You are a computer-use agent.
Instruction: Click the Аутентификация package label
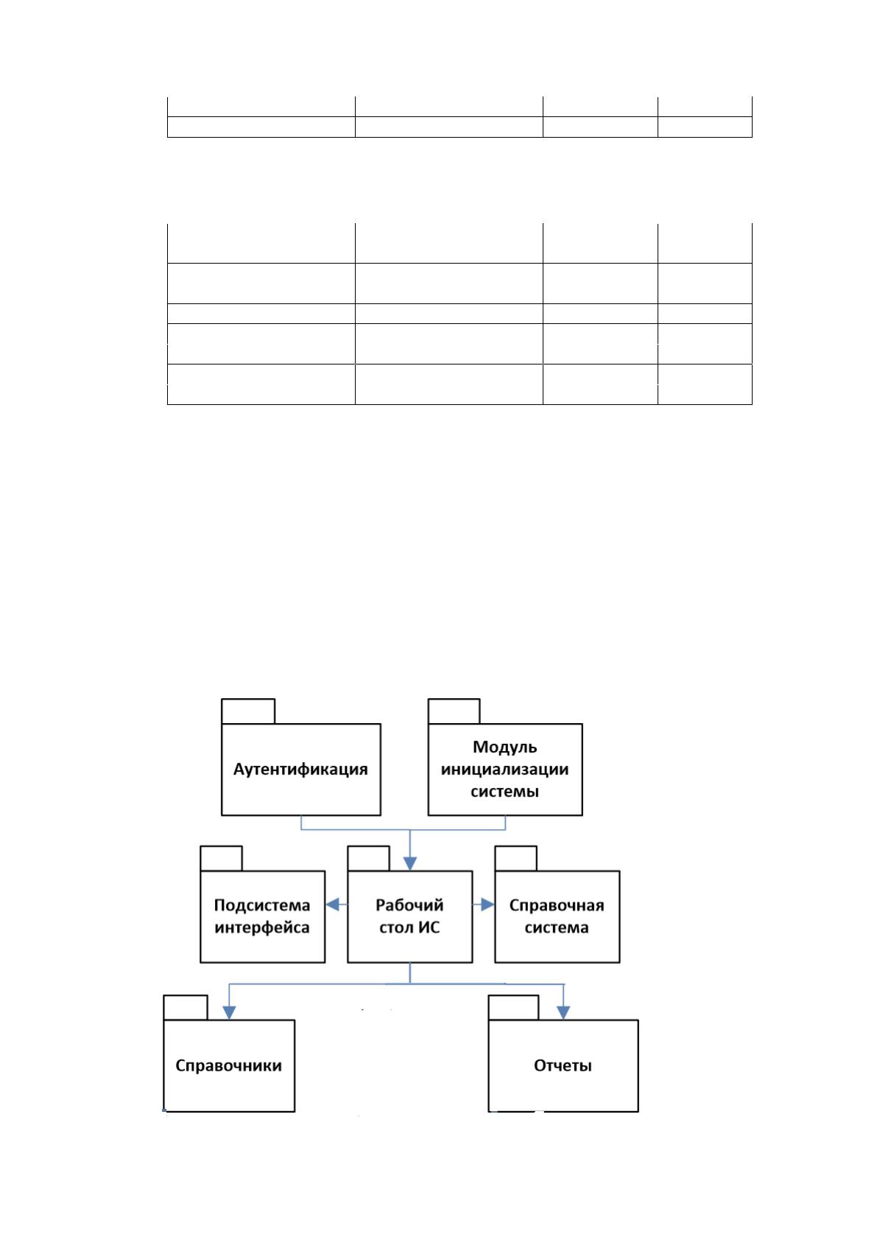pyautogui.click(x=300, y=770)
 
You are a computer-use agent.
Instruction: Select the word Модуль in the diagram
pyautogui.click(x=504, y=747)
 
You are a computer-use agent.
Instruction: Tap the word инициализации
pyautogui.click(x=504, y=769)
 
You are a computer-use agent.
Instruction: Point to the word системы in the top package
pyautogui.click(x=504, y=792)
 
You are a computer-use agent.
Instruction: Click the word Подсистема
pyautogui.click(x=262, y=905)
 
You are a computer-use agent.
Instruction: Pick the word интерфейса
pyautogui.click(x=262, y=927)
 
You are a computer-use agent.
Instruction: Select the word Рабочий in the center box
pyautogui.click(x=409, y=905)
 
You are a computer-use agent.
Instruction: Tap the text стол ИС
pyautogui.click(x=409, y=927)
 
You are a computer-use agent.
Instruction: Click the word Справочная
pyautogui.click(x=557, y=906)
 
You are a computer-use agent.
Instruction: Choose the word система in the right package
pyautogui.click(x=557, y=927)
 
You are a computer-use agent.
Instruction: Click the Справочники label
pyautogui.click(x=229, y=1065)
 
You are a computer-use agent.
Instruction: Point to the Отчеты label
pyautogui.click(x=563, y=1065)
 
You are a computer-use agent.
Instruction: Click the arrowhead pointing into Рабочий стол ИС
pyautogui.click(x=409, y=864)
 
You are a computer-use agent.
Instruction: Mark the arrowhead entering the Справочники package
pyautogui.click(x=229, y=1012)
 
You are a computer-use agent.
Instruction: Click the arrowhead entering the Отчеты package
pyautogui.click(x=563, y=1012)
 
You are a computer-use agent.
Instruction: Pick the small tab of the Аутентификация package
pyautogui.click(x=248, y=711)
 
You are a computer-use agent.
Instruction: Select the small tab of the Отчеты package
pyautogui.click(x=513, y=1007)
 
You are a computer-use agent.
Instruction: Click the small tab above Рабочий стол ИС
pyautogui.click(x=368, y=859)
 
